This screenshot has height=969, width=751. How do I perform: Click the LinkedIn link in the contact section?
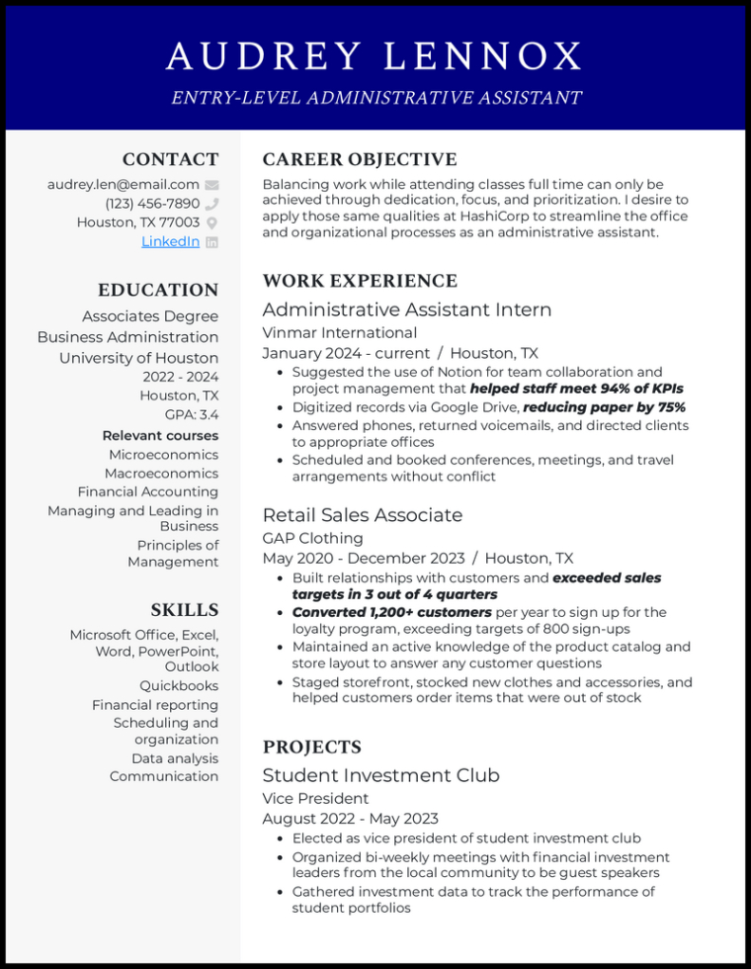pyautogui.click(x=170, y=241)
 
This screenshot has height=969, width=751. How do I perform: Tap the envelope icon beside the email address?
pyautogui.click(x=211, y=185)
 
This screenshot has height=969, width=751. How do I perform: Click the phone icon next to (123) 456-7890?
pyautogui.click(x=211, y=204)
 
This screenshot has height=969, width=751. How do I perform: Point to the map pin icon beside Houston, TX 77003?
pyautogui.click(x=211, y=222)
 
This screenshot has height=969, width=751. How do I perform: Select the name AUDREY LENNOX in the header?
pyautogui.click(x=375, y=56)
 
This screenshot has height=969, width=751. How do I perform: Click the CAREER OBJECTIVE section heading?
pyautogui.click(x=360, y=160)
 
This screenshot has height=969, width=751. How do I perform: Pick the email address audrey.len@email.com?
pyautogui.click(x=123, y=185)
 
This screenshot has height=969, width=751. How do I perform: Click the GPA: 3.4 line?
pyautogui.click(x=192, y=415)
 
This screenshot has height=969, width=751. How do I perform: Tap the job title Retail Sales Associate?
pyautogui.click(x=362, y=515)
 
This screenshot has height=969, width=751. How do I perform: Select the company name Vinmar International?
pyautogui.click(x=339, y=332)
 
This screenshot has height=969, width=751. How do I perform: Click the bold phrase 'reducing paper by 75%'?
pyautogui.click(x=604, y=407)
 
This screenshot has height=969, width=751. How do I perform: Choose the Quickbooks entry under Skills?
pyautogui.click(x=179, y=685)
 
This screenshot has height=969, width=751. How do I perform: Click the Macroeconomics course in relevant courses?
pyautogui.click(x=162, y=474)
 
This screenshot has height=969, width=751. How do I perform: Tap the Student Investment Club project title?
pyautogui.click(x=380, y=775)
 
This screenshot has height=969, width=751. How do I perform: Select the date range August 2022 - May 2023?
pyautogui.click(x=350, y=819)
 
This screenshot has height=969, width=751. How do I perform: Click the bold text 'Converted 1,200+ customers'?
pyautogui.click(x=391, y=612)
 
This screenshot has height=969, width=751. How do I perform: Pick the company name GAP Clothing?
pyautogui.click(x=312, y=538)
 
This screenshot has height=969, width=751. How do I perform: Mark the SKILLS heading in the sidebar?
pyautogui.click(x=185, y=610)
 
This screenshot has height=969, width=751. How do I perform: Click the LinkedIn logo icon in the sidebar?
pyautogui.click(x=211, y=242)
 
